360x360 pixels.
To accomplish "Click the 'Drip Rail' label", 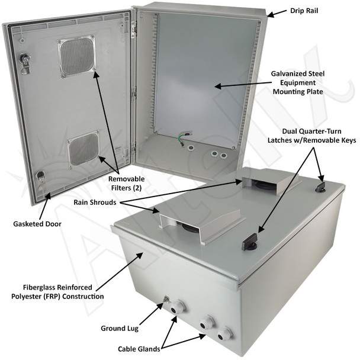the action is pyautogui.click(x=304, y=11).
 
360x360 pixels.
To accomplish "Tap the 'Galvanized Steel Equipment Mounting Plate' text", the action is pyautogui.click(x=298, y=83).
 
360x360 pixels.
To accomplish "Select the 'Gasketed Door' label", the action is pyautogui.click(x=37, y=224).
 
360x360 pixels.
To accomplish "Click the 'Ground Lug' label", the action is pyautogui.click(x=120, y=328).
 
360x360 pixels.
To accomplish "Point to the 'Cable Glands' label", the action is pyautogui.click(x=139, y=349).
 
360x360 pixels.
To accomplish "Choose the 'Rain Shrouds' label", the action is pyautogui.click(x=95, y=202).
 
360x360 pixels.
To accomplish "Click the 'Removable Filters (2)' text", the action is pyautogui.click(x=127, y=183).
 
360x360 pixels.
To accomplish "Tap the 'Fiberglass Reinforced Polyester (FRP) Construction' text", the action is pyautogui.click(x=57, y=291).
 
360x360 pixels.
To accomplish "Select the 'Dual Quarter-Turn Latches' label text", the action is pyautogui.click(x=312, y=136).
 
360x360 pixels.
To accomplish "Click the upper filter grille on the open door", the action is pyautogui.click(x=77, y=56).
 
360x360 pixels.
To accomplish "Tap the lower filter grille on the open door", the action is pyautogui.click(x=83, y=149).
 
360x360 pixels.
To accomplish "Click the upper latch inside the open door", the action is pyautogui.click(x=24, y=63).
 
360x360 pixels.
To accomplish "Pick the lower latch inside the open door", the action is pyautogui.click(x=41, y=178).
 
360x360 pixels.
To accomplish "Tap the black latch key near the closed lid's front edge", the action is pyautogui.click(x=249, y=242).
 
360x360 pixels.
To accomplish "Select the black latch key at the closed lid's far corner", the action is pyautogui.click(x=320, y=187).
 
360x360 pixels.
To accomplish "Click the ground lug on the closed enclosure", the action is pyautogui.click(x=166, y=300).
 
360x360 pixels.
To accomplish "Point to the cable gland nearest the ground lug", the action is pyautogui.click(x=177, y=307).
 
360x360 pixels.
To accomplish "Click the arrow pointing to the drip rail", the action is pyautogui.click(x=277, y=13).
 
